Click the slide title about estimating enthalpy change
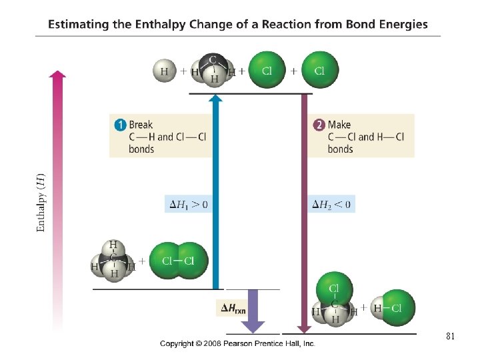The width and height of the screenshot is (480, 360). click(x=238, y=25)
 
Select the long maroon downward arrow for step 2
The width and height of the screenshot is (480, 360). click(x=305, y=213)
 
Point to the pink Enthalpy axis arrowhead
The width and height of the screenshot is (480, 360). click(x=58, y=75)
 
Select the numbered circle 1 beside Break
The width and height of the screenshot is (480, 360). click(x=120, y=125)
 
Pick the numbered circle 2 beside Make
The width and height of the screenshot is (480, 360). click(x=319, y=125)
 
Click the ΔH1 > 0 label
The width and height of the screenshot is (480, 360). click(x=186, y=203)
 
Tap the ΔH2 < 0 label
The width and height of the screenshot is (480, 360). click(x=333, y=203)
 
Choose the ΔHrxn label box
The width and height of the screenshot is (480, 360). click(x=233, y=308)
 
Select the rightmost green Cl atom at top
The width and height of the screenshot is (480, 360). click(x=319, y=71)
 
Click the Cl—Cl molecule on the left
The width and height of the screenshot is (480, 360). click(x=178, y=261)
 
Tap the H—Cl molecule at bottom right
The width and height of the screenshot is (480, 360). click(x=392, y=308)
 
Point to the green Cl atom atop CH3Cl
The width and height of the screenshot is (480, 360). click(x=335, y=288)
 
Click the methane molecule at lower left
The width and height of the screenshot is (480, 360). click(x=113, y=261)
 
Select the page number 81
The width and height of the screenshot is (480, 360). click(x=450, y=337)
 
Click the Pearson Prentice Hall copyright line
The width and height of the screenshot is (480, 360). click(x=237, y=343)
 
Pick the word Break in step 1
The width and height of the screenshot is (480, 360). click(x=141, y=125)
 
